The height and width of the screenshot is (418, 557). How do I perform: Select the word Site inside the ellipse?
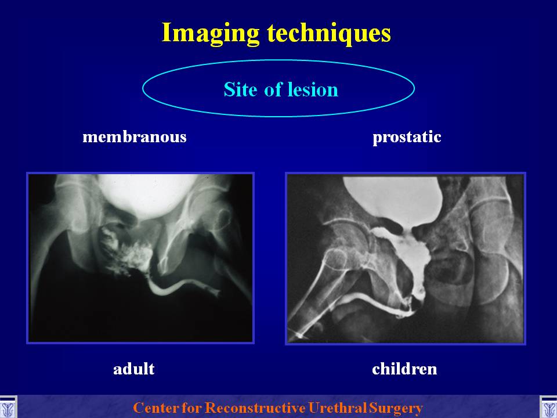pos(240,89)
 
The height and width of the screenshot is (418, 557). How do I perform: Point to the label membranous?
pos(134,136)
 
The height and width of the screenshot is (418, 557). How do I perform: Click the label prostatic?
pos(407,137)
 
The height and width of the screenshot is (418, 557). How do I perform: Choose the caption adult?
pos(134,369)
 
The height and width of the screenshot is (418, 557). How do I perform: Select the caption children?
pos(404,369)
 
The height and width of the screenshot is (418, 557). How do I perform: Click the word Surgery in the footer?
pos(396,408)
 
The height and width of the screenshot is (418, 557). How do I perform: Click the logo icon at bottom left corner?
pos(8,408)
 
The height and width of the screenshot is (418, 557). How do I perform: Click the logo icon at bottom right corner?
pos(548,408)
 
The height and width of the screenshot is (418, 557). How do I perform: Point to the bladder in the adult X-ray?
pos(147,194)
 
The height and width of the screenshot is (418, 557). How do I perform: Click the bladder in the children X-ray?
pos(393,201)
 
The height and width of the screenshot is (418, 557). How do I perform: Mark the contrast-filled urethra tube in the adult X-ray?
pos(178,286)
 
